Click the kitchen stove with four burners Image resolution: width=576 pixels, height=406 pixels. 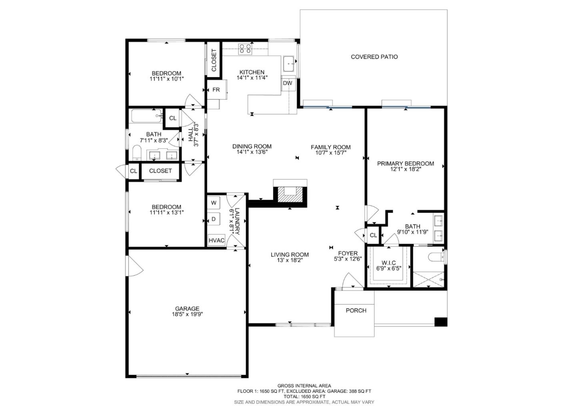tap(245, 49)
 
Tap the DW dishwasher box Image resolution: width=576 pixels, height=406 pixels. tap(288, 83)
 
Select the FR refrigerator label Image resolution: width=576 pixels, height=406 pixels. tap(216, 90)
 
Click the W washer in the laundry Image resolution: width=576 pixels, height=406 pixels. tap(214, 203)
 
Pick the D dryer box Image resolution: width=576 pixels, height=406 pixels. tap(214, 219)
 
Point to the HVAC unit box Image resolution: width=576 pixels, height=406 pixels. tap(216, 240)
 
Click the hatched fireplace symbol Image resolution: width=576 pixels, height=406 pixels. tap(290, 194)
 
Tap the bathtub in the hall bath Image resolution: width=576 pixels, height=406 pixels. tap(147, 116)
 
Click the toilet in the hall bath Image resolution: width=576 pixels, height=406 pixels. tap(137, 152)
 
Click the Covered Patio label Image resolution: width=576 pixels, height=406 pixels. tap(374, 57)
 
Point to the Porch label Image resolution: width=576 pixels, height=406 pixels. tap(356, 311)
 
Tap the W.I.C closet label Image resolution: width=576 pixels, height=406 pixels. tap(388, 263)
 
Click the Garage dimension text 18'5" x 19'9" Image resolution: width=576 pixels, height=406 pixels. tap(188, 315)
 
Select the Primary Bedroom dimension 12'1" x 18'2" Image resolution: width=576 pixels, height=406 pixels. tap(405, 169)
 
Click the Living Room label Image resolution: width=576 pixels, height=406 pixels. tap(290, 255)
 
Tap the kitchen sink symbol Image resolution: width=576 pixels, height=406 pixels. tap(290, 63)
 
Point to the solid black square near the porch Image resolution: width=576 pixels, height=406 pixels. tap(441, 322)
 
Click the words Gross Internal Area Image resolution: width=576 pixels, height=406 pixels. tap(304, 386)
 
